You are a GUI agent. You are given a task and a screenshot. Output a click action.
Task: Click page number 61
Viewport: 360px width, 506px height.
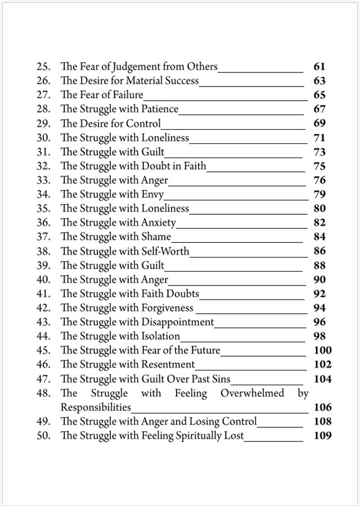coord(319,67)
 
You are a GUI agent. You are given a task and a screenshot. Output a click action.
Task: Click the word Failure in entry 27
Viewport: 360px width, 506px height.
coord(127,95)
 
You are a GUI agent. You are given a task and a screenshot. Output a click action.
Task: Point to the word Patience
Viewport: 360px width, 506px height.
coord(160,109)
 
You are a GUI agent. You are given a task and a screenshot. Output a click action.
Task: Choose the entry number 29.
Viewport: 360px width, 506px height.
coord(43,124)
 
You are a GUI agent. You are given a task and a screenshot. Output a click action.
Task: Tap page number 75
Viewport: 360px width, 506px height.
coord(319,166)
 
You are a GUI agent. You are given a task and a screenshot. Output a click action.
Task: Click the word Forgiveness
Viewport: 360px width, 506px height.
coord(167,308)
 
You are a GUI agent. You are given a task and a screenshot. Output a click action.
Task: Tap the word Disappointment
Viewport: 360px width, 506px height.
coord(177,322)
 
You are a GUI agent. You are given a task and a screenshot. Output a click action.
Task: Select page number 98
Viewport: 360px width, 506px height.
coord(319,337)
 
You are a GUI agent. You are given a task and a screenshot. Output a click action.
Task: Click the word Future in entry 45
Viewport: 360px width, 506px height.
coord(204,350)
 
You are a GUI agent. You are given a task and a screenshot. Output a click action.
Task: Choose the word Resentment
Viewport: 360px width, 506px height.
coord(168,365)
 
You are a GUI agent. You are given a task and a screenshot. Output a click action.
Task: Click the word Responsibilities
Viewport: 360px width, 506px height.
coord(96,408)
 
